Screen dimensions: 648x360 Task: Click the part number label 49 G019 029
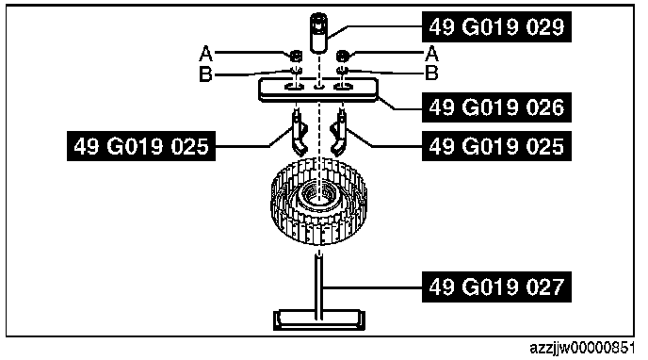[x=496, y=27]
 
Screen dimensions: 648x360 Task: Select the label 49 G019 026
[x=496, y=107]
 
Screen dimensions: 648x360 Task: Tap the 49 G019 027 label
[x=496, y=286]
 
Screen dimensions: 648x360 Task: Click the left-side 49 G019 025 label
[x=141, y=146]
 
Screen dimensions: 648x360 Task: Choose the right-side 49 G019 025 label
[x=496, y=146]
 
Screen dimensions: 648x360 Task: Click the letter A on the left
[x=206, y=54]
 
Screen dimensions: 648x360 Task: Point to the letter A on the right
[x=431, y=54]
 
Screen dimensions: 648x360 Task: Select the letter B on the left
[x=206, y=74]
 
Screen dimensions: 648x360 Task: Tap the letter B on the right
[x=431, y=74]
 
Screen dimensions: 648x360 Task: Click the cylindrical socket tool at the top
[x=318, y=33]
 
